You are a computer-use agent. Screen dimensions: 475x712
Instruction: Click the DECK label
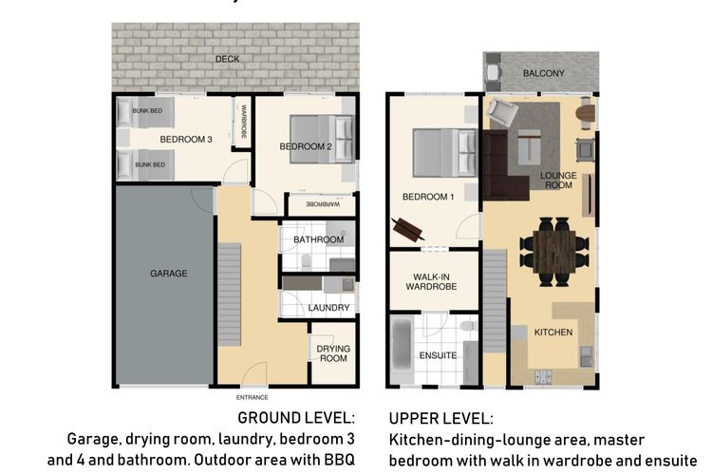(x=226, y=59)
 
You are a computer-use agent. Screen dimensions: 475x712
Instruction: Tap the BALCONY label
(x=543, y=73)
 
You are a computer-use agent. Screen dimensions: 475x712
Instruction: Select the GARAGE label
(x=168, y=274)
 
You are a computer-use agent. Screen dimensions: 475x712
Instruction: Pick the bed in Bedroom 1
(x=443, y=147)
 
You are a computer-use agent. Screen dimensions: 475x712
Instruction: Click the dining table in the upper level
(x=554, y=250)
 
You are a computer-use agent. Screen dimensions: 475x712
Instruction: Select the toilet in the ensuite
(x=466, y=326)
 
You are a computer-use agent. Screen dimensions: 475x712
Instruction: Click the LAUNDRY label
(x=328, y=308)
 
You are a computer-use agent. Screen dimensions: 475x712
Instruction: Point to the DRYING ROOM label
(x=333, y=354)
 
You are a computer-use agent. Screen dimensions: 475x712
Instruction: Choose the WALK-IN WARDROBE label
(x=433, y=279)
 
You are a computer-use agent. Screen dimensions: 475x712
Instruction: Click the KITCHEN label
(x=553, y=332)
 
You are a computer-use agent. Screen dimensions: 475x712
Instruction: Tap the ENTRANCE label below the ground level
(x=252, y=397)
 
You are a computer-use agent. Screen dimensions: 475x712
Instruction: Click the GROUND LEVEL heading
(x=296, y=419)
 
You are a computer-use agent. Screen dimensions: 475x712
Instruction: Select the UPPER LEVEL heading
(x=440, y=419)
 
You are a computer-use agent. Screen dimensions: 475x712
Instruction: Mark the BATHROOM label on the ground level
(x=318, y=239)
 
